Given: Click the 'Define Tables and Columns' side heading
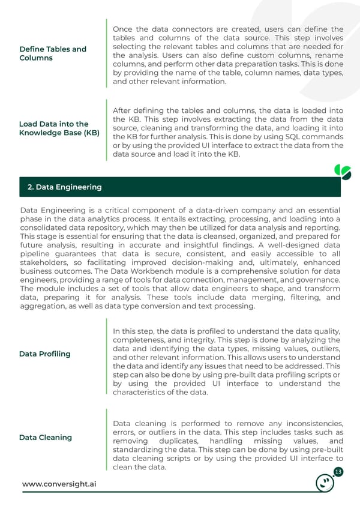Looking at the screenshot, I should tap(53, 53).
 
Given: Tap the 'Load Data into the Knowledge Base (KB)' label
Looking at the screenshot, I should tap(59, 128).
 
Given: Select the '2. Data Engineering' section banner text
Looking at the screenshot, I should tap(64, 187).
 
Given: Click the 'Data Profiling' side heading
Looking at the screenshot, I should tap(44, 354).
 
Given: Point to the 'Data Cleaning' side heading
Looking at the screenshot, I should tap(45, 438).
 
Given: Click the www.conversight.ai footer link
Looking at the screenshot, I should tap(59, 484).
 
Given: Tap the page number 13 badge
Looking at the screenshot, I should tap(338, 472).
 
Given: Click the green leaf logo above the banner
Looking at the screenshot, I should tap(342, 172).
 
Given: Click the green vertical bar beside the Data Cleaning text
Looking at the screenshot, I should tap(106, 441).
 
